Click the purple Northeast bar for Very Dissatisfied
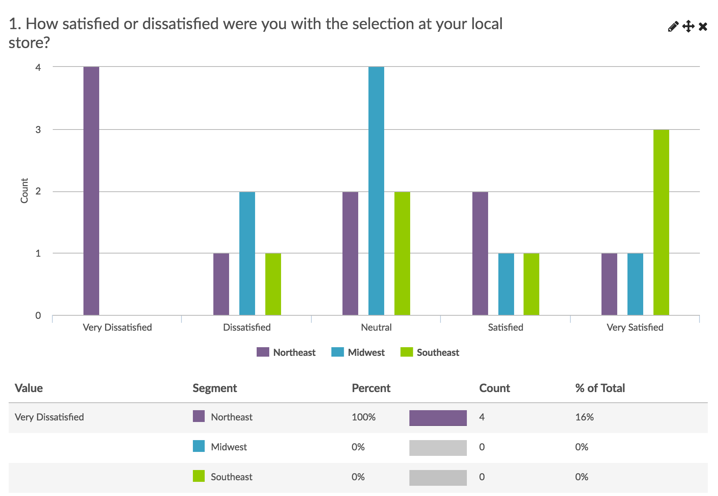pos(91,191)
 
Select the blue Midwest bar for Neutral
pos(376,191)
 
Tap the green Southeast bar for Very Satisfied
pos(661,222)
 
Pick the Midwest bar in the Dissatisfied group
pos(247,254)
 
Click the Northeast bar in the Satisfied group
pos(480,254)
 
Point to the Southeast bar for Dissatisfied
pos(273,284)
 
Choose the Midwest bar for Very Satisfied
pos(635,284)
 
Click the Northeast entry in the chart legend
pos(287,352)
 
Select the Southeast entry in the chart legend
pos(430,352)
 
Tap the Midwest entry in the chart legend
pos(358,352)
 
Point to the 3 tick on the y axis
pos(38,130)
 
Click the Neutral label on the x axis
pos(376,328)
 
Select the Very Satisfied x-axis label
pos(635,328)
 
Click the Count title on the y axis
pos(24,191)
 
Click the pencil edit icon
pos(673,26)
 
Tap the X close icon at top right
pos(703,26)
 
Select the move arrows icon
pos(688,26)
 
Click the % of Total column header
pos(600,388)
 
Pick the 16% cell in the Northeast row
pos(585,417)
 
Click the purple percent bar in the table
pos(438,418)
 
